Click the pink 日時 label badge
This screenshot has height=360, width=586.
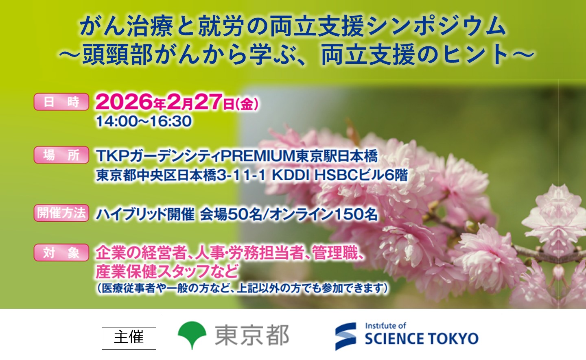pyautogui.click(x=61, y=102)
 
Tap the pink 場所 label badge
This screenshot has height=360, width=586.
pyautogui.click(x=61, y=155)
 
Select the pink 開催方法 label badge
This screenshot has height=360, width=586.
pyautogui.click(x=61, y=213)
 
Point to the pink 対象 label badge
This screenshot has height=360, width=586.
pyautogui.click(x=61, y=253)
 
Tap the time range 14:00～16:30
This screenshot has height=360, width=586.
pyautogui.click(x=144, y=121)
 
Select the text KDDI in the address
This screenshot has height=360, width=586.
pyautogui.click(x=291, y=175)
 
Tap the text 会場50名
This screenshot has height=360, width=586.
pyautogui.click(x=231, y=214)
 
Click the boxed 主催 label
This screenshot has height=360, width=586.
pyautogui.click(x=129, y=338)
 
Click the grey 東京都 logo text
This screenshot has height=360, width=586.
pyautogui.click(x=252, y=336)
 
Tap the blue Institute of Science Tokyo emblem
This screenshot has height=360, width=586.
pyautogui.click(x=345, y=336)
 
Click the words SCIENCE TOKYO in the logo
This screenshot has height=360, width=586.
pyautogui.click(x=421, y=339)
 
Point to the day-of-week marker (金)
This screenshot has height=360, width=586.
pyautogui.click(x=247, y=104)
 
